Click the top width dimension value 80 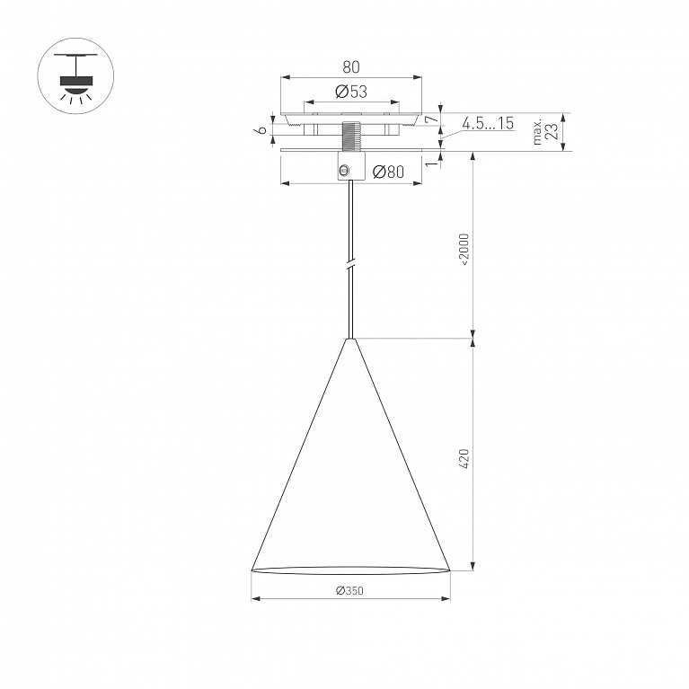pos(351,67)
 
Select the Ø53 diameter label pos(350,92)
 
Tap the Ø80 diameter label pos(388,172)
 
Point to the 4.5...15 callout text pos(488,123)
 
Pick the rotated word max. pos(537,132)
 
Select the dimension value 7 pos(433,119)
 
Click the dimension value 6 pos(261,129)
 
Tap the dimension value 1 pos(433,163)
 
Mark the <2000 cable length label pos(464,249)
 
